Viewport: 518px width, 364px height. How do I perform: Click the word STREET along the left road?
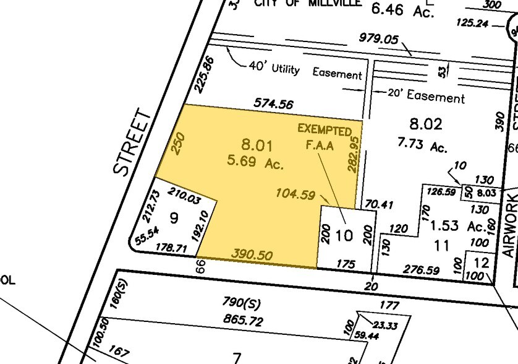[x=133, y=142]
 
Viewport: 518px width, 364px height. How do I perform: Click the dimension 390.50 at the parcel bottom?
[x=252, y=255]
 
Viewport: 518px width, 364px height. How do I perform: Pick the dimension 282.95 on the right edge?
[x=354, y=154]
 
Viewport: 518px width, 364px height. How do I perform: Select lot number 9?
[x=174, y=218]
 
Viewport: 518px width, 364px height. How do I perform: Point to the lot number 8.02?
[x=426, y=124]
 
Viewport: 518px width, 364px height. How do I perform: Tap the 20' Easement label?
[x=425, y=97]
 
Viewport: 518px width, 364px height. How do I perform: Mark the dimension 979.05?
[x=378, y=38]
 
